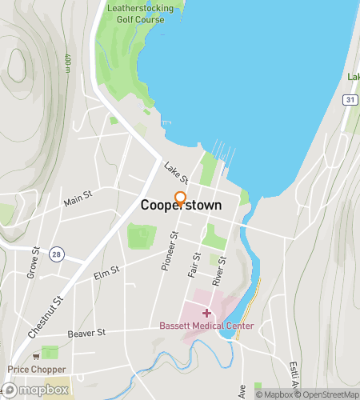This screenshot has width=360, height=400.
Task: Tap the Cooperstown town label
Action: coord(182,206)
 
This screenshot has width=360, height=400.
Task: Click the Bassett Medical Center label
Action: coord(206,326)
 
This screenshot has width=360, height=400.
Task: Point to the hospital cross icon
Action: coord(206,313)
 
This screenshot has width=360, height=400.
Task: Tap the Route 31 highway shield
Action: coord(350,99)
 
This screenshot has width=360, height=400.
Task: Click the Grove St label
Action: coord(34,262)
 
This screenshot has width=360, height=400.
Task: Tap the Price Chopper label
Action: coord(34,370)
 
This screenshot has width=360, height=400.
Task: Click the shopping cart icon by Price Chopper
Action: coord(35,357)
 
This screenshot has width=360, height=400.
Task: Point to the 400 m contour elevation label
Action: coord(67,62)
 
